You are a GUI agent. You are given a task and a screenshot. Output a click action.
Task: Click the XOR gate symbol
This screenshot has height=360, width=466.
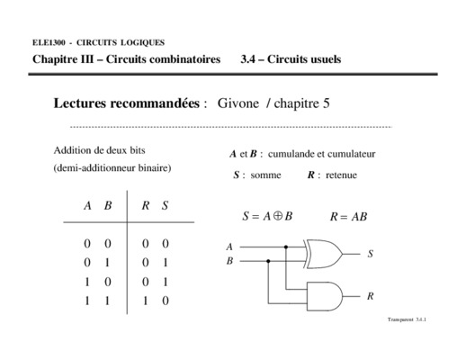click(x=324, y=254)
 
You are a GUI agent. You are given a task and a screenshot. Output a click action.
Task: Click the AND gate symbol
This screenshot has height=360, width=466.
click(x=325, y=296)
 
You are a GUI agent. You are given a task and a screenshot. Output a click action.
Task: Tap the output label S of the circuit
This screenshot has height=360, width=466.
click(x=371, y=254)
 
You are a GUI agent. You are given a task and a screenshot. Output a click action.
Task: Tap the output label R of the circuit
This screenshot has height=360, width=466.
click(x=371, y=296)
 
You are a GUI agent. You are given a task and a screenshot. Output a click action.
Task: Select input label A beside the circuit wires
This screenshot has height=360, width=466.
click(x=229, y=247)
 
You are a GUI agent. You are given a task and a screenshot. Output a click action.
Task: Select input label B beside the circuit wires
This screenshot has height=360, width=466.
click(x=229, y=261)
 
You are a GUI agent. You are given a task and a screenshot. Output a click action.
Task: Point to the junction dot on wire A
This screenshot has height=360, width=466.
click(x=286, y=247)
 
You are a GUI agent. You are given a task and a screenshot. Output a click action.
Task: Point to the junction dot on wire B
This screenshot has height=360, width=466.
click(x=268, y=261)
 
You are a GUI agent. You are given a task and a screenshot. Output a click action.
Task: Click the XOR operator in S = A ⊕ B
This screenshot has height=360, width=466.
click(x=278, y=216)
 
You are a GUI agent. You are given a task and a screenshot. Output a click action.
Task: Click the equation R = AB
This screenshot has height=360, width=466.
click(x=348, y=217)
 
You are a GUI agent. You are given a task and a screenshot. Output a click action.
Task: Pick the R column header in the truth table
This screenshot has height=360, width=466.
click(x=146, y=205)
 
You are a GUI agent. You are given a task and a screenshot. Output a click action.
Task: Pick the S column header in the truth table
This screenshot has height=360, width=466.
click(x=165, y=205)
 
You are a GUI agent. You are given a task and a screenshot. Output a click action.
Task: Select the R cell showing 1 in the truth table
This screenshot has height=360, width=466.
click(x=146, y=301)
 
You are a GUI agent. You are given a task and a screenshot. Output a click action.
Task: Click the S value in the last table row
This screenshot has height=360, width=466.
click(x=166, y=301)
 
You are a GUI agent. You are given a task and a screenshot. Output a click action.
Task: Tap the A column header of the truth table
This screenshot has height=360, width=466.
click(x=87, y=205)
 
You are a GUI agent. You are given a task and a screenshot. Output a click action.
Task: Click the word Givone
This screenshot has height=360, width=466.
click(x=238, y=103)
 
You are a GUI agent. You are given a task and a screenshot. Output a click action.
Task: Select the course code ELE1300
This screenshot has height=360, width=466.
click(x=49, y=42)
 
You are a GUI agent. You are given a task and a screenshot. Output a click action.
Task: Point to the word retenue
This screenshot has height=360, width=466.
click(x=341, y=175)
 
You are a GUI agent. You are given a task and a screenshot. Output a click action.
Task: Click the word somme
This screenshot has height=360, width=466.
click(x=265, y=175)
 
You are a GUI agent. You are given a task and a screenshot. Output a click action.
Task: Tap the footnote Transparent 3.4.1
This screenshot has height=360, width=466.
click(x=407, y=319)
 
